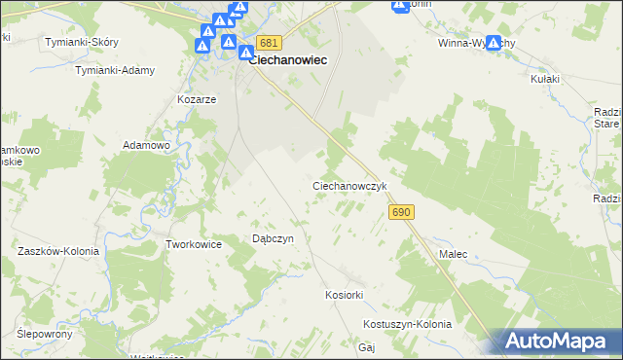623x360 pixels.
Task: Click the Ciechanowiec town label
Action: point(287,59)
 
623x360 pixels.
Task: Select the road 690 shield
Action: point(401,212)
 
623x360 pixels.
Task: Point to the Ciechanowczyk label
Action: point(350,185)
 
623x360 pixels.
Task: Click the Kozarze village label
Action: point(196,99)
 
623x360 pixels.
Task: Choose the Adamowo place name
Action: point(146,145)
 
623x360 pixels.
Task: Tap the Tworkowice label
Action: point(195,244)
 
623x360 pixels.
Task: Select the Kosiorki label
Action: point(344,295)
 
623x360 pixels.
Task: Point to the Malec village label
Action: point(453,254)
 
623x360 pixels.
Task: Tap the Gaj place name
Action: point(367,347)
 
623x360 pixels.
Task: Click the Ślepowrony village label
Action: point(45,333)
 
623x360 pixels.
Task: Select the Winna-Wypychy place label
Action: point(471,43)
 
